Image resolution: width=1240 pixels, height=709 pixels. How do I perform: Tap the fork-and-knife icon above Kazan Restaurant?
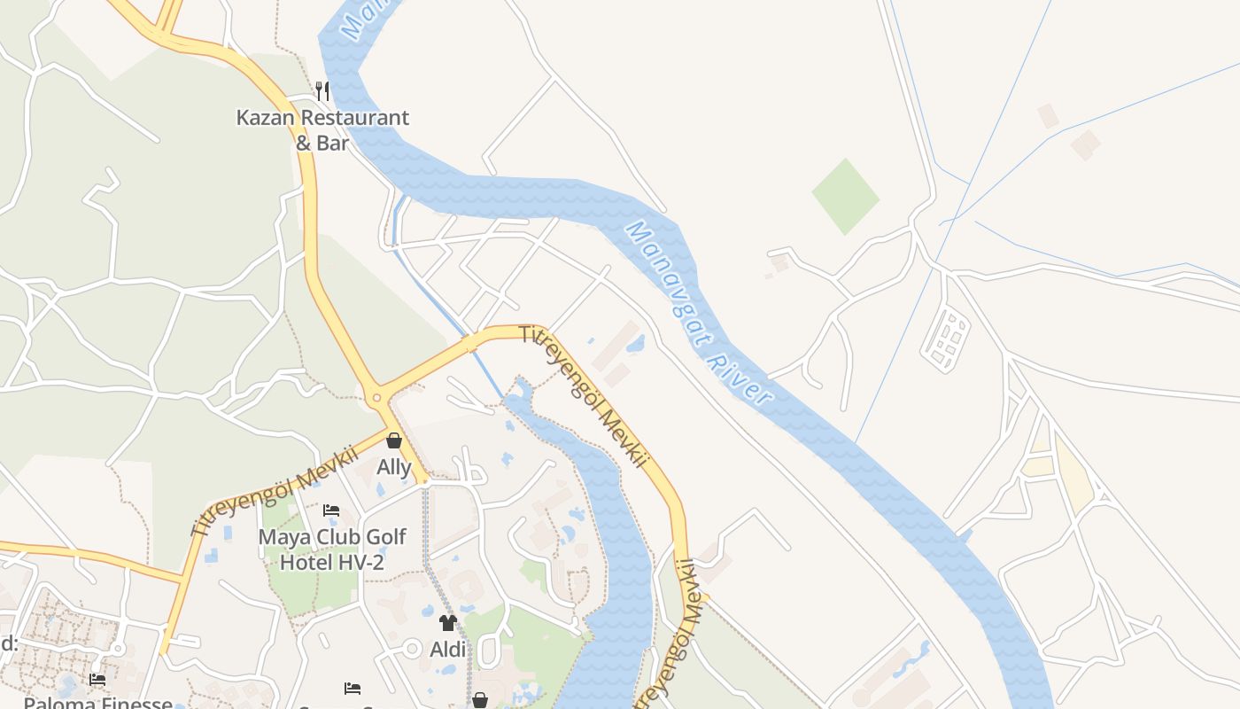point(322,90)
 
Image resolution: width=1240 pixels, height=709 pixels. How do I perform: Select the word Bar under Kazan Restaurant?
point(333,143)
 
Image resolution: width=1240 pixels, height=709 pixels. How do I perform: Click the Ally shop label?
point(394,467)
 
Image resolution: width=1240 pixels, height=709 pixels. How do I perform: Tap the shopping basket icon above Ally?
point(394,440)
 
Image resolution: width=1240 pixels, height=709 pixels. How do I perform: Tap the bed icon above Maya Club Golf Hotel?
point(331,510)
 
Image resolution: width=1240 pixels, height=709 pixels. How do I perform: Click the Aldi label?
point(447,650)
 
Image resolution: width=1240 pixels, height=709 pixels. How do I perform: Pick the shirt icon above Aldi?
point(447,623)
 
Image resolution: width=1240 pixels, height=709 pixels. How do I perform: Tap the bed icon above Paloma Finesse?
point(97,680)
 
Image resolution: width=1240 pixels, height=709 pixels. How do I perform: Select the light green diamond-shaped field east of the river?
point(846,196)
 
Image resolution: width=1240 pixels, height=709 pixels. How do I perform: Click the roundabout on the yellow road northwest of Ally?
point(377,397)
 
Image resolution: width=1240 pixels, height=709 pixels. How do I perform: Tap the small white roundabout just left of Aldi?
point(412,650)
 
